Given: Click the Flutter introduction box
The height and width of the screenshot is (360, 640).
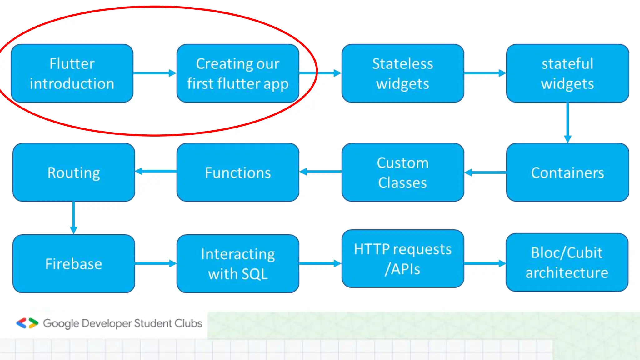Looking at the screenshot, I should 72,73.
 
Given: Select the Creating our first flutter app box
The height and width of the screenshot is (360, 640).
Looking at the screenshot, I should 238,73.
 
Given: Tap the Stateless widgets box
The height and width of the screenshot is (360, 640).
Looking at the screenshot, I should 402,73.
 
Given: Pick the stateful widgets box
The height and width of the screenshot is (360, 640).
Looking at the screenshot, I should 567,73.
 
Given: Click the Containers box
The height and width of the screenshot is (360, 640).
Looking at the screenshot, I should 567,172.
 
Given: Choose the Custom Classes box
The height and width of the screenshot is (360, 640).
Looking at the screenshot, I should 402,172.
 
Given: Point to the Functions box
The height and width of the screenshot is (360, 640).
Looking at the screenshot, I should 238,172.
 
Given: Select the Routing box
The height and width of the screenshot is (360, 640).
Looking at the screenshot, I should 74,172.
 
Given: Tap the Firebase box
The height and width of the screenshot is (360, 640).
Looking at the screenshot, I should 74,263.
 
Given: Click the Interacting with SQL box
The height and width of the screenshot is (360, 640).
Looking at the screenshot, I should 238,263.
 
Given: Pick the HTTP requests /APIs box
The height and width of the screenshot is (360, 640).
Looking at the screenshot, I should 402,259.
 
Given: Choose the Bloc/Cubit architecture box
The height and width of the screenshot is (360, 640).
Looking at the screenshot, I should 567,262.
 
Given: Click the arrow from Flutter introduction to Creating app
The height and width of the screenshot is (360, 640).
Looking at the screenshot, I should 155,73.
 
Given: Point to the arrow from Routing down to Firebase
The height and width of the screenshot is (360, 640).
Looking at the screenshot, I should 73,218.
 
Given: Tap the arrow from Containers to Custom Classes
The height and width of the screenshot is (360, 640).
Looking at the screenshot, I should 485,172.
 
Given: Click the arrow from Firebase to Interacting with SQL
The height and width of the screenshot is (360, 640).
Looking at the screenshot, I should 156,263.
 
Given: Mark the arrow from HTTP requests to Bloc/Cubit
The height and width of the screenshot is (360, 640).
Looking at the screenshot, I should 485,263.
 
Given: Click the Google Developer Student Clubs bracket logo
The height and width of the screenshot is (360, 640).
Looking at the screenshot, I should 27,323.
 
